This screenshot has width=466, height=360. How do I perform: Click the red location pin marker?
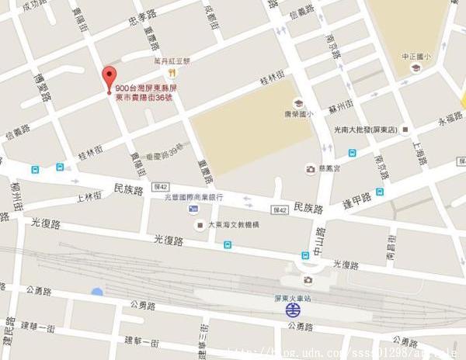[x=109, y=78]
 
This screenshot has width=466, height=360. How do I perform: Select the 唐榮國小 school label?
[x=298, y=113]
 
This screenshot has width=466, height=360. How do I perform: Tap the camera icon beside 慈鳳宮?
[x=311, y=168]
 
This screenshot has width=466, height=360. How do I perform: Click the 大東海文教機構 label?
[x=233, y=225]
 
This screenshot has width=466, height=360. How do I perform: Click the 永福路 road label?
[x=450, y=119]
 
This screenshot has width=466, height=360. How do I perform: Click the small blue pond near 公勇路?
[x=96, y=292]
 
